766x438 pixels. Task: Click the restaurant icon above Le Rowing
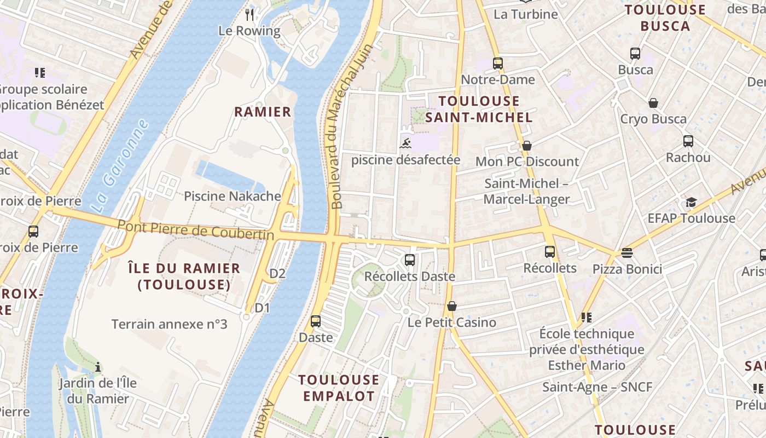[250, 14]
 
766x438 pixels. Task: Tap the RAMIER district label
[263, 112]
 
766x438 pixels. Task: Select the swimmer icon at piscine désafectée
[405, 144]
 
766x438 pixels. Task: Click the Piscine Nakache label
[233, 196]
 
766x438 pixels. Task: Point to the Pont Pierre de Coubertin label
[196, 229]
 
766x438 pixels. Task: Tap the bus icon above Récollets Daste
[410, 260]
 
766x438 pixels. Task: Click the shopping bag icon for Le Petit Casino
[452, 306]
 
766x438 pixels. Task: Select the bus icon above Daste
[316, 321]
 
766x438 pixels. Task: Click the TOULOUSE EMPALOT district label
[339, 388]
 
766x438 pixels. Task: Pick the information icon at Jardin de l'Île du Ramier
[98, 367]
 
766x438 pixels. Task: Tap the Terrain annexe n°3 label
[169, 324]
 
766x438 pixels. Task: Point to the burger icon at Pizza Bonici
[627, 253]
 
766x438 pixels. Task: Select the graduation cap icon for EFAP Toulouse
[692, 202]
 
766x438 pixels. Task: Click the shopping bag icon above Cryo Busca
[653, 103]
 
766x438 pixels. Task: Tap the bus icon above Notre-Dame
[497, 64]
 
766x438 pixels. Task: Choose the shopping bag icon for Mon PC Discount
[527, 146]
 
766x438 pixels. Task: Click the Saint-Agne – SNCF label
[597, 387]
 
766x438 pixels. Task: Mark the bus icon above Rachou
[688, 141]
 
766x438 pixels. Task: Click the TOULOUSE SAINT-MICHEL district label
[479, 109]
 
